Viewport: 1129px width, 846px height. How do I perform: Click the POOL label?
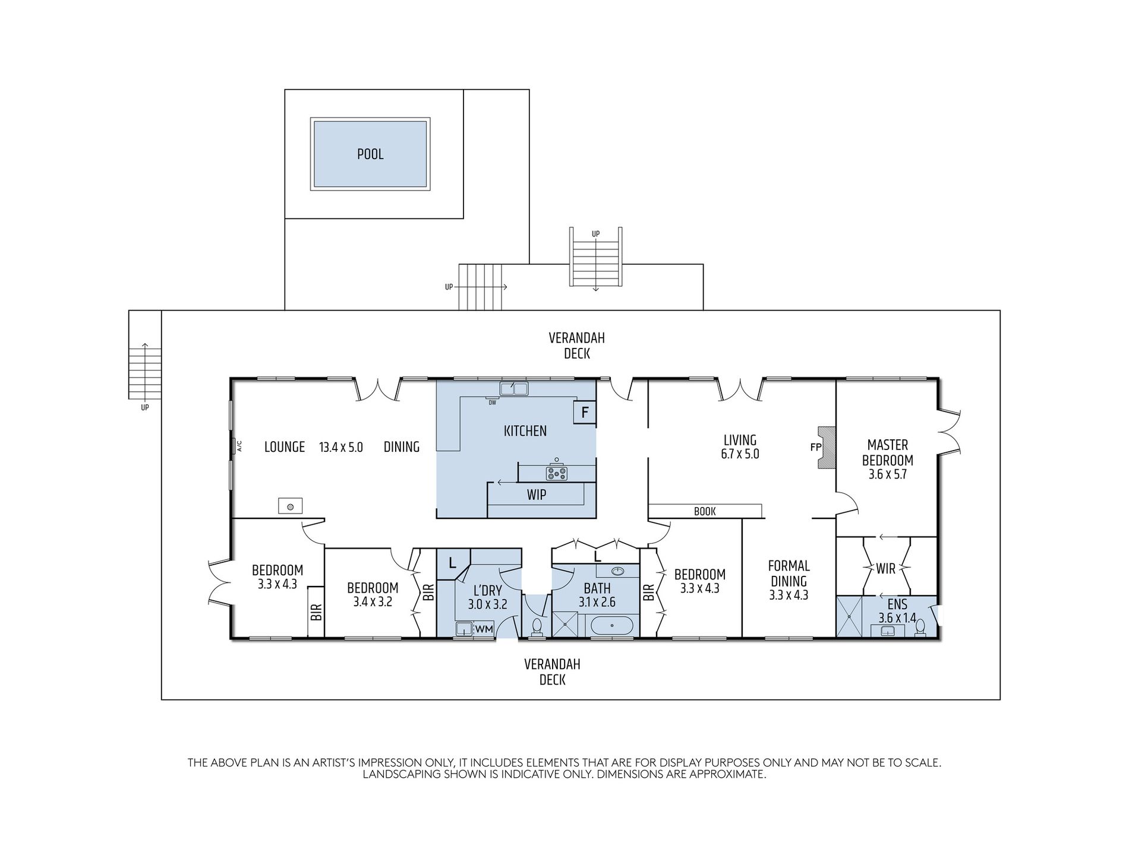pos(370,154)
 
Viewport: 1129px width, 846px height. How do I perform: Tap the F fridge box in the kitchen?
pos(585,413)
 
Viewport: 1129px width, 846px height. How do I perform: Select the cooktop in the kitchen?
pos(557,473)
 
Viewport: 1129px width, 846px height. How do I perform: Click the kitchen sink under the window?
pos(514,389)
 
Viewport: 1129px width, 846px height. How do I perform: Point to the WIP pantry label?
pos(537,495)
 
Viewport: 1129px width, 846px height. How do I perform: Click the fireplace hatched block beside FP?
pos(827,448)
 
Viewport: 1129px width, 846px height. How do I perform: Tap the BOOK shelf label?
pos(705,511)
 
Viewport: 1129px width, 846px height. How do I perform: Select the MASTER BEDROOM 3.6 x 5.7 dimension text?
pos(888,474)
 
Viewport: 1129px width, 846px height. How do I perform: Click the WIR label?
pos(885,569)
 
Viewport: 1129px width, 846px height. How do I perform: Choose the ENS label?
pos(897,604)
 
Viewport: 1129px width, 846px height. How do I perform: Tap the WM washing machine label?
pos(484,629)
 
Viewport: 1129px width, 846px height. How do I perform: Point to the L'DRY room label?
pos(487,591)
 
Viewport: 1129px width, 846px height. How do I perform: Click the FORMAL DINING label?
pos(789,573)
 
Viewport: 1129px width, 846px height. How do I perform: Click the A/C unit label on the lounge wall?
pos(239,445)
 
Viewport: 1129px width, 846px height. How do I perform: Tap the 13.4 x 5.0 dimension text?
pos(341,448)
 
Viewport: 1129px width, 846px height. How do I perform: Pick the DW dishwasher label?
pos(492,403)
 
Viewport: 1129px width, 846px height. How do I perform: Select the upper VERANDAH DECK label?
pos(576,346)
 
